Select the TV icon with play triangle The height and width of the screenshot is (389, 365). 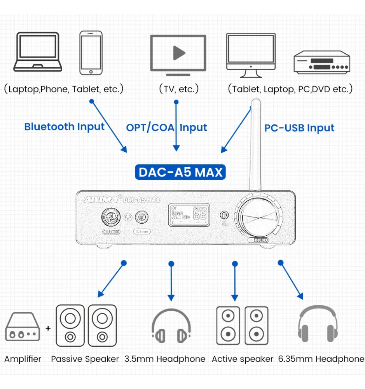click(x=178, y=54)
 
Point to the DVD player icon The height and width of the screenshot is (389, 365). click(x=321, y=63)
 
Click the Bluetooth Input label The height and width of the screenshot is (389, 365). click(x=64, y=127)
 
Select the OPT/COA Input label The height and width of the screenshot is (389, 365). click(x=166, y=128)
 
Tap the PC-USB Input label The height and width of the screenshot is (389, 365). click(x=299, y=128)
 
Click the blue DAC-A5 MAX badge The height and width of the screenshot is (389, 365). click(x=181, y=172)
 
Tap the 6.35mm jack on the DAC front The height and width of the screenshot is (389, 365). click(x=111, y=217)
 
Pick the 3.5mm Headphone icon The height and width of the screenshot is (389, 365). click(x=171, y=326)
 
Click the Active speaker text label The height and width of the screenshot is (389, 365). click(x=243, y=359)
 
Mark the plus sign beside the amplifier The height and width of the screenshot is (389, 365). click(x=48, y=328)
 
